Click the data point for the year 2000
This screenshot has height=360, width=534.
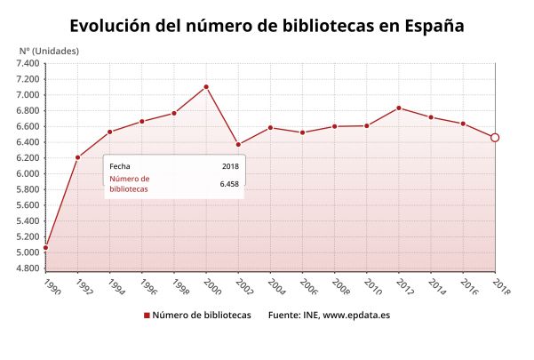(x=206, y=86)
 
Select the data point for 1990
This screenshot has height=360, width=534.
(x=45, y=247)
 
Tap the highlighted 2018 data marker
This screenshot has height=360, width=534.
(x=495, y=137)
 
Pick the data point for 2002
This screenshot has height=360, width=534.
(x=238, y=144)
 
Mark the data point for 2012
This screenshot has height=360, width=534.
(x=399, y=108)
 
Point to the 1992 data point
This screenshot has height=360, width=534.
(x=78, y=157)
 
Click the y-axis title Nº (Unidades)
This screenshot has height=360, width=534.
(x=49, y=50)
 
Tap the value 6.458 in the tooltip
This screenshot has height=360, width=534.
(x=229, y=184)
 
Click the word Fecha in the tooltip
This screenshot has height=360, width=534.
(x=119, y=165)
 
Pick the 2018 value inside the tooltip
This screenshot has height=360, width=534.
(x=230, y=165)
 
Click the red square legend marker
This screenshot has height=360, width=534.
(x=146, y=316)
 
